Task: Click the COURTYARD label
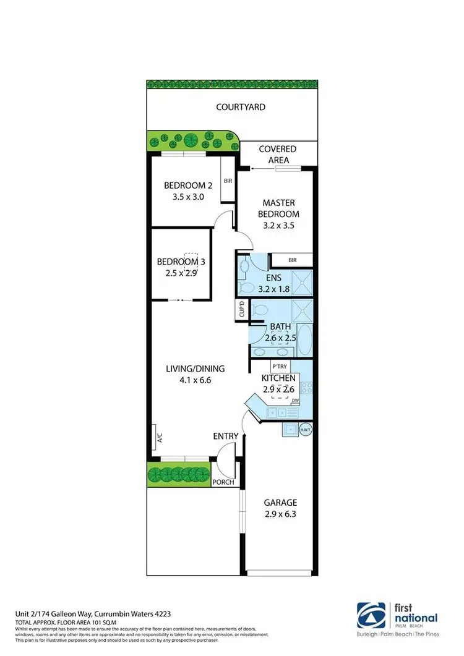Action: (x=241, y=107)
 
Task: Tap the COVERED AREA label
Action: (x=277, y=155)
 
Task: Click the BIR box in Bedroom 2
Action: (x=228, y=181)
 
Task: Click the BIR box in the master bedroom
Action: (x=293, y=260)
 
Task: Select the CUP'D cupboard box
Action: (x=242, y=310)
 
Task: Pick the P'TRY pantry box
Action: (x=277, y=366)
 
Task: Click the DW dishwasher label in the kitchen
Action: (x=304, y=401)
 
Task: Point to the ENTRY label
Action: (x=226, y=436)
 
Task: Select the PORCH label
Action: (x=223, y=482)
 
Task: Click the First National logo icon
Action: (x=370, y=615)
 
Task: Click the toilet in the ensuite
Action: (x=247, y=288)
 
